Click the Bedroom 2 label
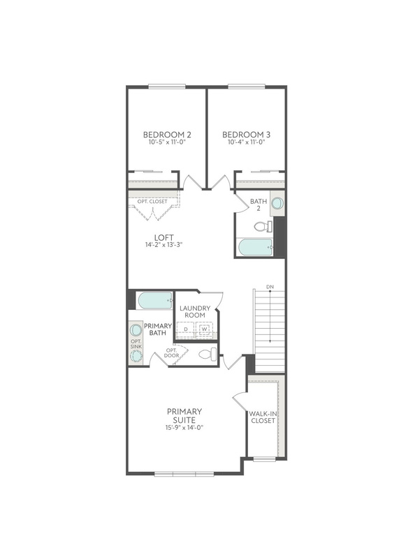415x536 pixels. click(167, 134)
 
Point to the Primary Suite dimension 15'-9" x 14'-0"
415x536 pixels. click(184, 427)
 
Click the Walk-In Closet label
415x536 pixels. click(263, 417)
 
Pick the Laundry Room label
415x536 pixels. click(195, 312)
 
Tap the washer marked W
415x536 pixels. click(205, 328)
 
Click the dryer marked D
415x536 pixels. click(186, 328)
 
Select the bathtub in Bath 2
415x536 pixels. click(254, 246)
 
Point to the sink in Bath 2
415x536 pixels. click(277, 204)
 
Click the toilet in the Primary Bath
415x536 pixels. click(206, 355)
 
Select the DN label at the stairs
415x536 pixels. click(269, 287)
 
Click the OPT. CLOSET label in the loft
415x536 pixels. click(152, 202)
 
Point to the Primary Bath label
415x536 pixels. click(154, 330)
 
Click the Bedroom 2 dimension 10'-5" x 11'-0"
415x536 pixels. click(167, 142)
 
